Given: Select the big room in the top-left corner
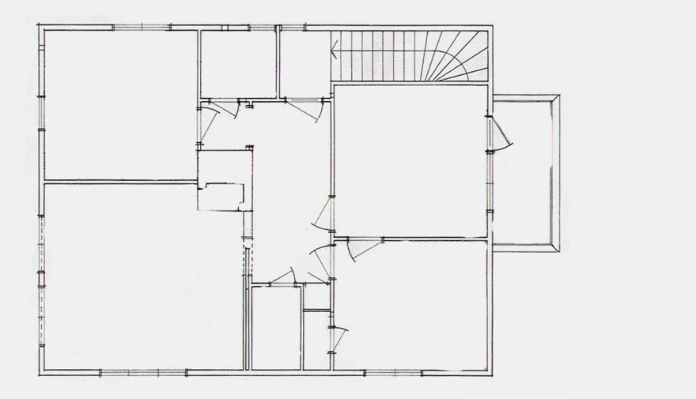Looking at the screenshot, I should pos(119,103).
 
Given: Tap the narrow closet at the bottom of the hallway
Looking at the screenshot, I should pos(276,326).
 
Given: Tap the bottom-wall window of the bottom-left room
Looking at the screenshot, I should pos(142,371).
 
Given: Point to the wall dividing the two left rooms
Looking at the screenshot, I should pos(119,182).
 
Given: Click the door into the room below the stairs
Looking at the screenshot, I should pos(323,214).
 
